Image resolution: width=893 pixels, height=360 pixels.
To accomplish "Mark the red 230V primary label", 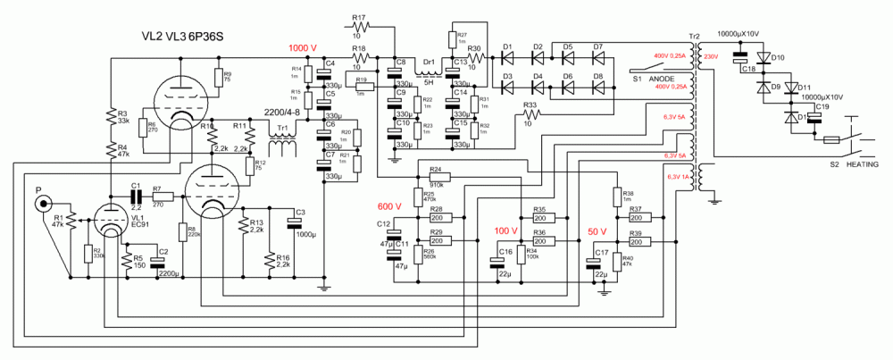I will point(711,57).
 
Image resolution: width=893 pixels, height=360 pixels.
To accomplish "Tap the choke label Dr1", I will point(430,62).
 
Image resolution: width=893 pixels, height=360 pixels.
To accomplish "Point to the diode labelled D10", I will point(777,57).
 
